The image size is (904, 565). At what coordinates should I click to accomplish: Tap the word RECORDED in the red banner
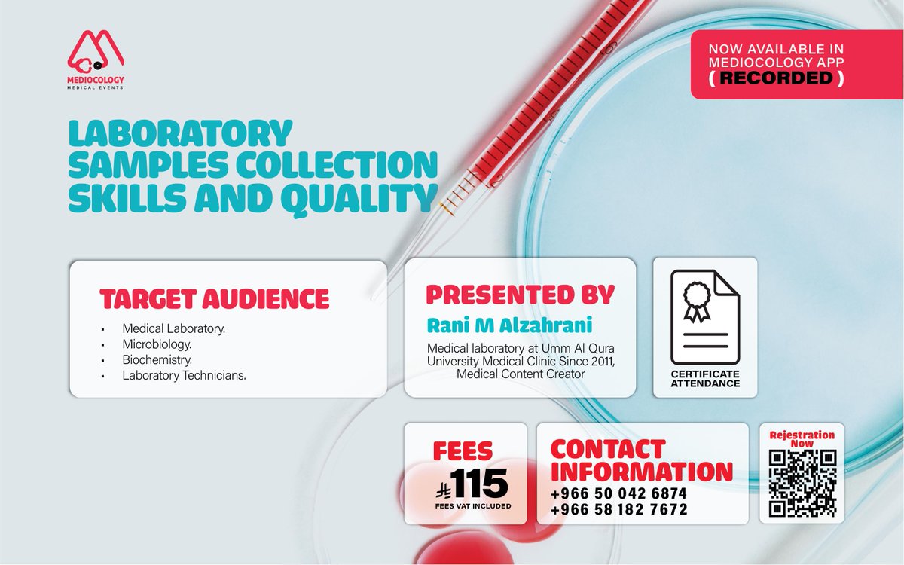tap(778, 78)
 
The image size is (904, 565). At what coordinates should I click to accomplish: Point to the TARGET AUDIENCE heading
tap(215, 299)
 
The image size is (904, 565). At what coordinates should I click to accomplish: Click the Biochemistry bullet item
tap(157, 359)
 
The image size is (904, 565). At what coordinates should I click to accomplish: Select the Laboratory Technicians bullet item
tap(184, 374)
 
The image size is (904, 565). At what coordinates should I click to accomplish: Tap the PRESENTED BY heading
tap(520, 294)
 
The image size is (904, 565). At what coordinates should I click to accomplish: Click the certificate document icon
tap(705, 316)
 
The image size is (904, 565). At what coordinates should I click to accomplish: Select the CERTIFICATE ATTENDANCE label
tap(705, 379)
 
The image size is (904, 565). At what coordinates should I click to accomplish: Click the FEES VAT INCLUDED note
tap(472, 505)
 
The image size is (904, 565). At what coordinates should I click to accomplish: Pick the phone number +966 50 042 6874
tap(618, 493)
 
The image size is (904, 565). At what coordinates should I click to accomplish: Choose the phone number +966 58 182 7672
tap(618, 510)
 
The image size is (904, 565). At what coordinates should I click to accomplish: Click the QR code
tap(802, 482)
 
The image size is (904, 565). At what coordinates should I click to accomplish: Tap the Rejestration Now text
tap(802, 439)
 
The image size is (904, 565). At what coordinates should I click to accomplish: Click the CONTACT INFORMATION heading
tap(641, 460)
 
